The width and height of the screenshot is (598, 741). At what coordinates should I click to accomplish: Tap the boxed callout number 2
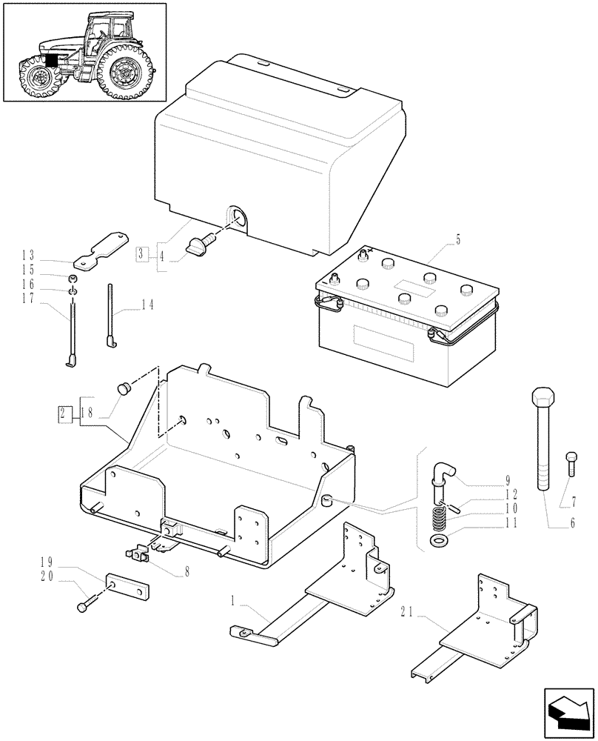click(65, 411)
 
